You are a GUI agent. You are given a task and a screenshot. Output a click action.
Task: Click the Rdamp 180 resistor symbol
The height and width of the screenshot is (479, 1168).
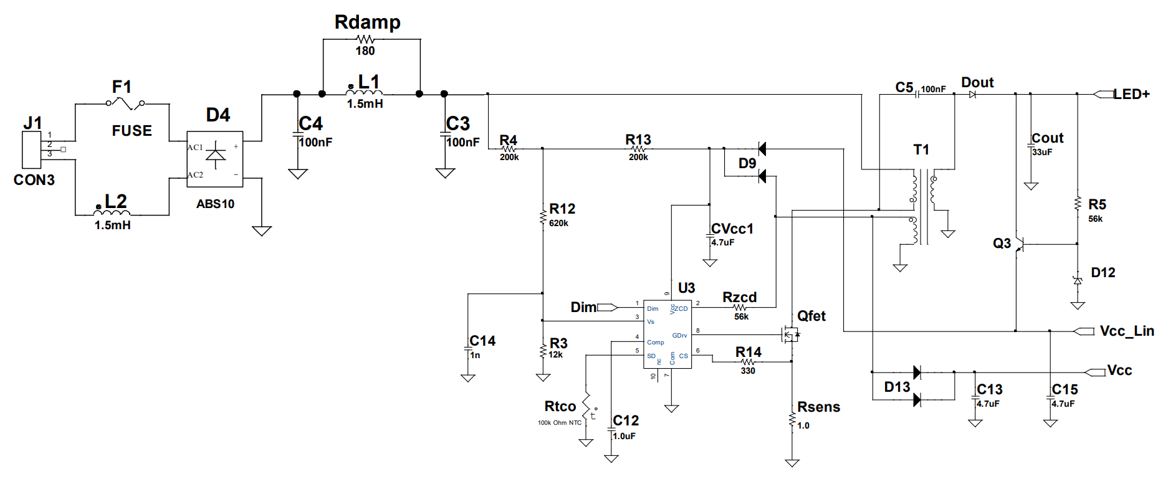tap(366, 39)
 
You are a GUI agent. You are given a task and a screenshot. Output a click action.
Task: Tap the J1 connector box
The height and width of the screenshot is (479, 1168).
tap(32, 149)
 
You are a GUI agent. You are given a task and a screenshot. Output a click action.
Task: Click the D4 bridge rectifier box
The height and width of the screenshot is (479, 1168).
tap(215, 159)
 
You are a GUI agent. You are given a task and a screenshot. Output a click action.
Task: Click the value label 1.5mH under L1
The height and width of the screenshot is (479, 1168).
tap(365, 104)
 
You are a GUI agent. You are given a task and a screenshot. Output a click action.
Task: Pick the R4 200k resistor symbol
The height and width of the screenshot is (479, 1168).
tap(509, 149)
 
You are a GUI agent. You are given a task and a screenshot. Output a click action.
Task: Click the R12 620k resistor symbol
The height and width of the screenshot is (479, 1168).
tap(543, 217)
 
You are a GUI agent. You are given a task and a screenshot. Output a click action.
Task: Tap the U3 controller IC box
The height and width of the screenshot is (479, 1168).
tap(668, 333)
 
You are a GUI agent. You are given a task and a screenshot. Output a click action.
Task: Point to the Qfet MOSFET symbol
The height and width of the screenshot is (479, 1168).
tap(790, 334)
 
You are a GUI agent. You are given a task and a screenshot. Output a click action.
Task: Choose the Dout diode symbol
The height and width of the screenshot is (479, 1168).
tap(972, 95)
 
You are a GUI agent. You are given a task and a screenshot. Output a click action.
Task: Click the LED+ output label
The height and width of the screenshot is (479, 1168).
tap(1131, 94)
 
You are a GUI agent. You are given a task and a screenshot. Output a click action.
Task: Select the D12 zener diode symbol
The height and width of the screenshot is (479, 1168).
tap(1078, 280)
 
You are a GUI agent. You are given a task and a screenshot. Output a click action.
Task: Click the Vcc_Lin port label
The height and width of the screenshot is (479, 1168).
tap(1126, 331)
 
